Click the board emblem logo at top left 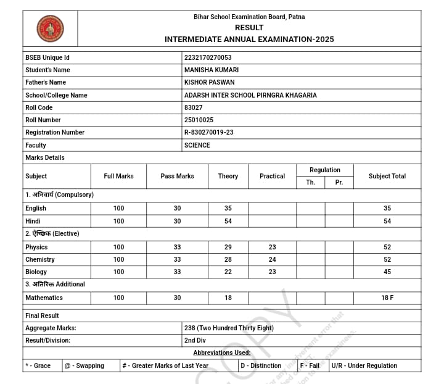50,28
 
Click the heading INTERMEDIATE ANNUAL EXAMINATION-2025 249,40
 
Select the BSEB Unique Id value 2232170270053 208,57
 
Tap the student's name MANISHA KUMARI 212,70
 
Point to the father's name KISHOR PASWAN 209,82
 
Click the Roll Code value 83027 193,107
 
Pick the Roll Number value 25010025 199,120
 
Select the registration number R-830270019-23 208,132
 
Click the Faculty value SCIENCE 197,145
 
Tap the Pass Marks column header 177,176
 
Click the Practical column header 272,176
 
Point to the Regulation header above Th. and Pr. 325,170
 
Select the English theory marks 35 228,208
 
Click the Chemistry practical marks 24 272,259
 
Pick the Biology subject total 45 387,272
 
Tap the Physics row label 36,247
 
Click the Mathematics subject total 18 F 387,298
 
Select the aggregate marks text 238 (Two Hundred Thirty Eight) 229,328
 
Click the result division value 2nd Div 195,340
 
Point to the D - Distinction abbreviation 261,365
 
